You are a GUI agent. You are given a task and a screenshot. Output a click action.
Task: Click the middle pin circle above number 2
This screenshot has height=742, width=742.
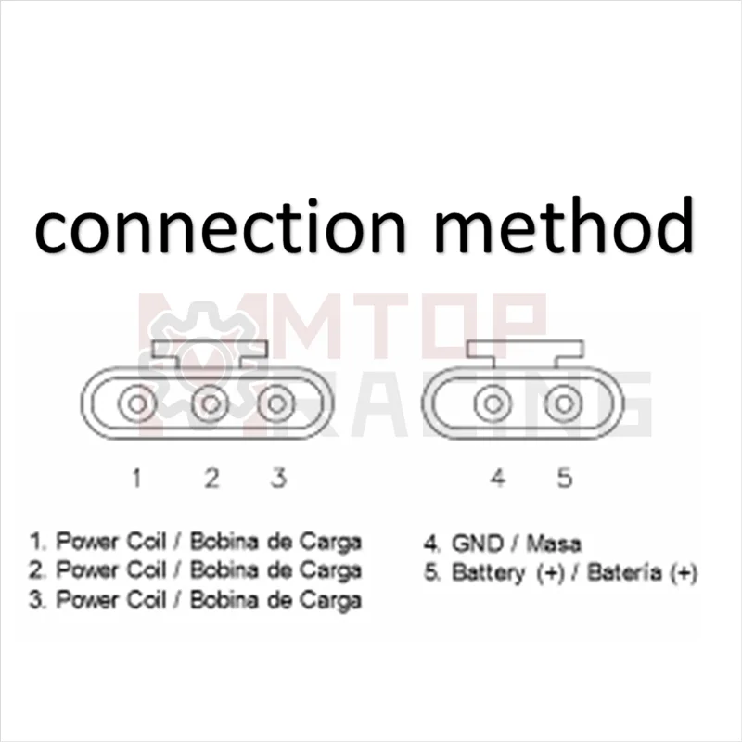tap(211, 404)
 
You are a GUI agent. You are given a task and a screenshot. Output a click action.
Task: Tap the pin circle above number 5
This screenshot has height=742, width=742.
tap(562, 404)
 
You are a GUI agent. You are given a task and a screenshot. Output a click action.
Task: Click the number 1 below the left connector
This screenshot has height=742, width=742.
tap(136, 479)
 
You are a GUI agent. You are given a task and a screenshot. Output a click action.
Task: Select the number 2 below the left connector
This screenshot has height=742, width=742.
tap(211, 479)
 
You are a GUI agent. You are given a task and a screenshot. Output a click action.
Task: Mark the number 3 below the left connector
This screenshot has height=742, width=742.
tap(277, 479)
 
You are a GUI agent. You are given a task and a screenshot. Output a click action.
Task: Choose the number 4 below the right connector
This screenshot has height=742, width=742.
tap(498, 479)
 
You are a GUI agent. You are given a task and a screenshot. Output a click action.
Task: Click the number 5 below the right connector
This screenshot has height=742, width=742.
tap(565, 479)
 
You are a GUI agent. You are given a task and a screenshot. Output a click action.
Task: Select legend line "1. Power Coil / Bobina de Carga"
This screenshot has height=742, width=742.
tap(196, 541)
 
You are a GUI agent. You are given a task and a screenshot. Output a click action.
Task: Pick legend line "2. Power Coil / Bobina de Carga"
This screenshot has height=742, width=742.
tap(196, 570)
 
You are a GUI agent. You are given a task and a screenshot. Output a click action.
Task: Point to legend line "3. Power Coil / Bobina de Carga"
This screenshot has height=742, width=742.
tap(196, 600)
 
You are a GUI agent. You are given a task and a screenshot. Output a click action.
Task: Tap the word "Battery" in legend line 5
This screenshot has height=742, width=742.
tap(487, 572)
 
